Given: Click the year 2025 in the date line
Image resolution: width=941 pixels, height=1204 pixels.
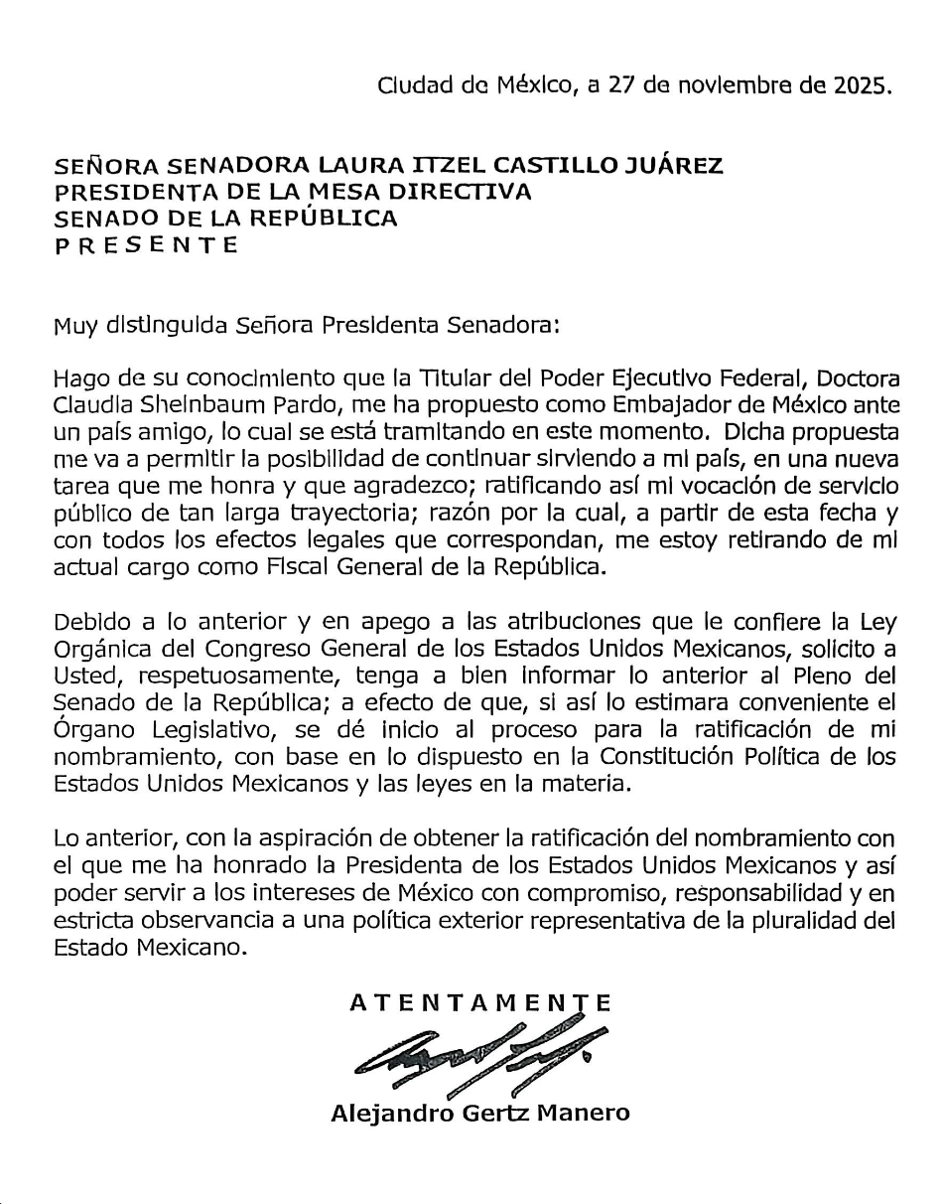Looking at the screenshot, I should pos(859,85).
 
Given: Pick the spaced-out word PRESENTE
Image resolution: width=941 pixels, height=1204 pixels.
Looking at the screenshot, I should pos(146,245).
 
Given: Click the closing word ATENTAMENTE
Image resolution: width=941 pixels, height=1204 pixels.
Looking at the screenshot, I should pos(480,1003).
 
